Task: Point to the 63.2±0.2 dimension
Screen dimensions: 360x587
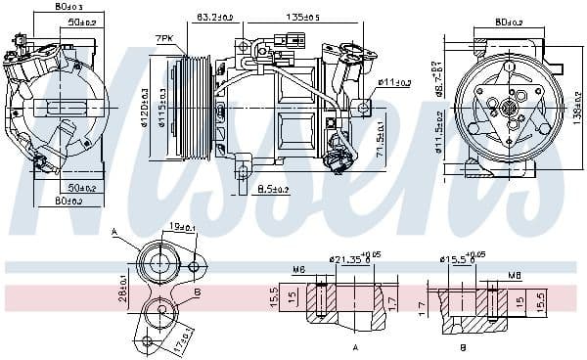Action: [214, 17]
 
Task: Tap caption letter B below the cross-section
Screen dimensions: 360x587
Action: [462, 347]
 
